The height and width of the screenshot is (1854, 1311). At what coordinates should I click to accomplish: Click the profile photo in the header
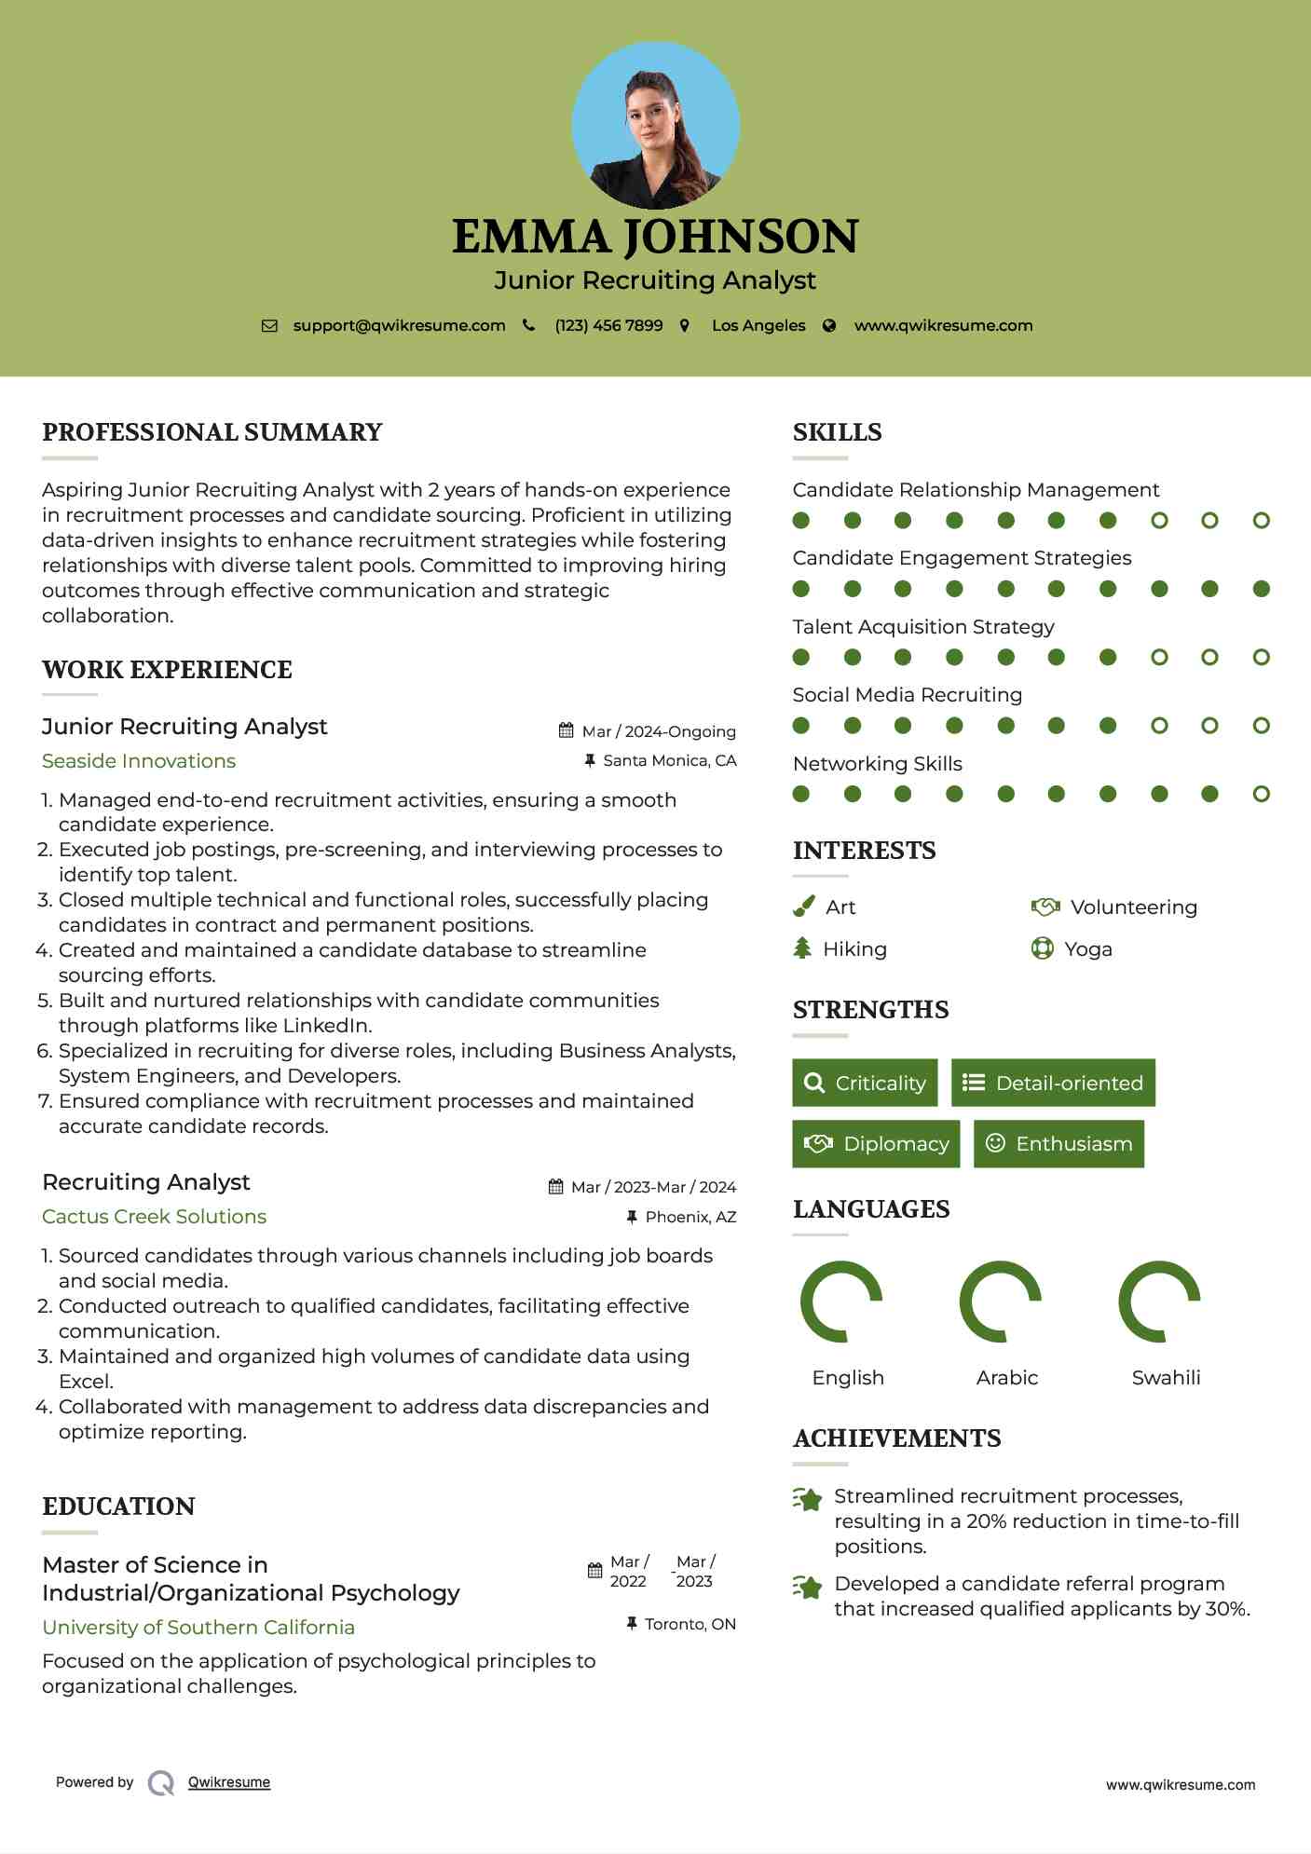pos(655,125)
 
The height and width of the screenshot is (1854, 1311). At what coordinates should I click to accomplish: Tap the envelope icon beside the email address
pos(269,326)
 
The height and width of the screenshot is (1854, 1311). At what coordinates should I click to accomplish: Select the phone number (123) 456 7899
pos(608,326)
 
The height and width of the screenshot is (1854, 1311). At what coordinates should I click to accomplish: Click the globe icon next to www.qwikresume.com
pos(829,326)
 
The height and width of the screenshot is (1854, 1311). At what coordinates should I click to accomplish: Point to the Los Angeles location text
pos(758,326)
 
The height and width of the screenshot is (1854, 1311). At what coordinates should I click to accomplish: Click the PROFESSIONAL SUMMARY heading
pos(212,432)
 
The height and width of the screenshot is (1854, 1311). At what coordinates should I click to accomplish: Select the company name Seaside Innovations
pos(139,761)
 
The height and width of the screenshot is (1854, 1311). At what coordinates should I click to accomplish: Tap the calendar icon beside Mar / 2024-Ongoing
pos(566,730)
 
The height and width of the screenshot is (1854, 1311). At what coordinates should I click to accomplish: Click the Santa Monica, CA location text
pos(669,761)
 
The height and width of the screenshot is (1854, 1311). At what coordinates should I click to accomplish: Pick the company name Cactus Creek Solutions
pos(154,1217)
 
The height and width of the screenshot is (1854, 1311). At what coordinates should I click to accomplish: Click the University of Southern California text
pos(198,1628)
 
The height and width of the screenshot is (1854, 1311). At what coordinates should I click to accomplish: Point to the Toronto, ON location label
pos(690,1625)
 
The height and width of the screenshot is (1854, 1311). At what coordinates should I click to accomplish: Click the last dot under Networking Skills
pos(1261,794)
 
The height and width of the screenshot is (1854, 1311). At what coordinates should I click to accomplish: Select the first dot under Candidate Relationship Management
pos(801,520)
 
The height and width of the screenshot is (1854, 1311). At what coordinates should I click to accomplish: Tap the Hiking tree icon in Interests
pos(802,948)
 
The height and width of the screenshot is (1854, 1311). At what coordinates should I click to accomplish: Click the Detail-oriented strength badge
pos(1053,1083)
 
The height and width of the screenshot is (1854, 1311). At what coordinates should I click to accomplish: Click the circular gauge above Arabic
pos(1000,1302)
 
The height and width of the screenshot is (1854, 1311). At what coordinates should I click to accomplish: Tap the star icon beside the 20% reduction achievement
pos(808,1499)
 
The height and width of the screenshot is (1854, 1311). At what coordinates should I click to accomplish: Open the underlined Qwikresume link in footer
pos(229,1782)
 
